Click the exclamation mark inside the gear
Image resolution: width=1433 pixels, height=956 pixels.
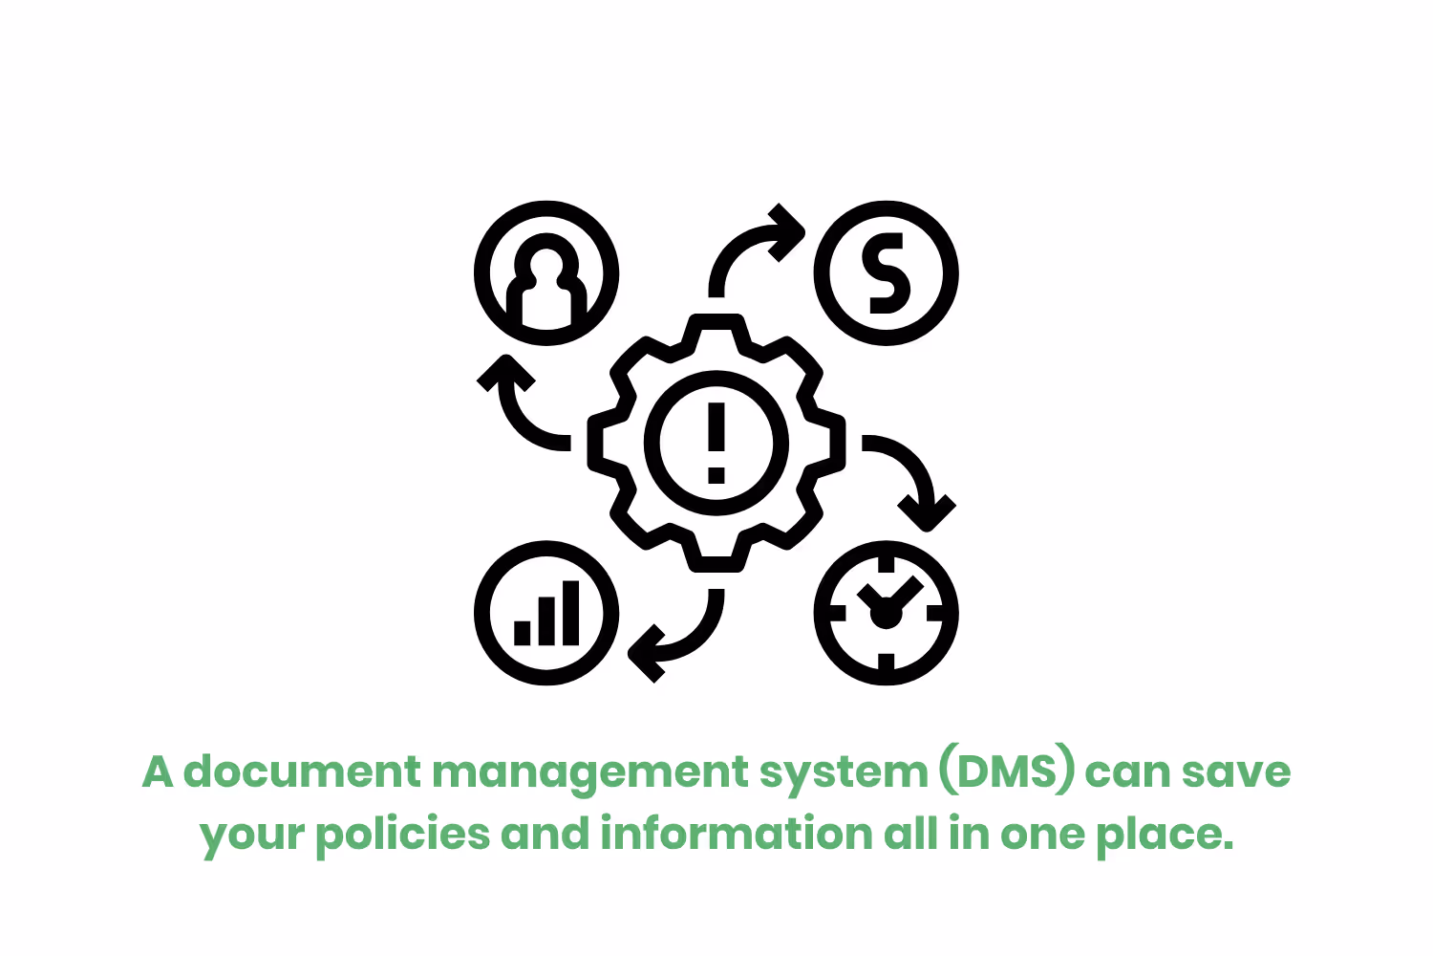click(716, 442)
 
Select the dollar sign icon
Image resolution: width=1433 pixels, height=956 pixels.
click(887, 273)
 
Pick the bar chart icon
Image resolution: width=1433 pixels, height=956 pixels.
click(546, 614)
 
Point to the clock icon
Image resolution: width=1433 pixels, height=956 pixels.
click(887, 614)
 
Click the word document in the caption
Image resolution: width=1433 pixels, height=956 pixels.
click(302, 771)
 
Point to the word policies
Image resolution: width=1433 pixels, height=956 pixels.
click(402, 835)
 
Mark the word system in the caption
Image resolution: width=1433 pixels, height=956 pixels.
click(844, 773)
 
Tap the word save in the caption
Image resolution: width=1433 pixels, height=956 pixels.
click(1236, 771)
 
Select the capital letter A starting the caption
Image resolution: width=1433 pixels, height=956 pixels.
click(158, 771)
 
